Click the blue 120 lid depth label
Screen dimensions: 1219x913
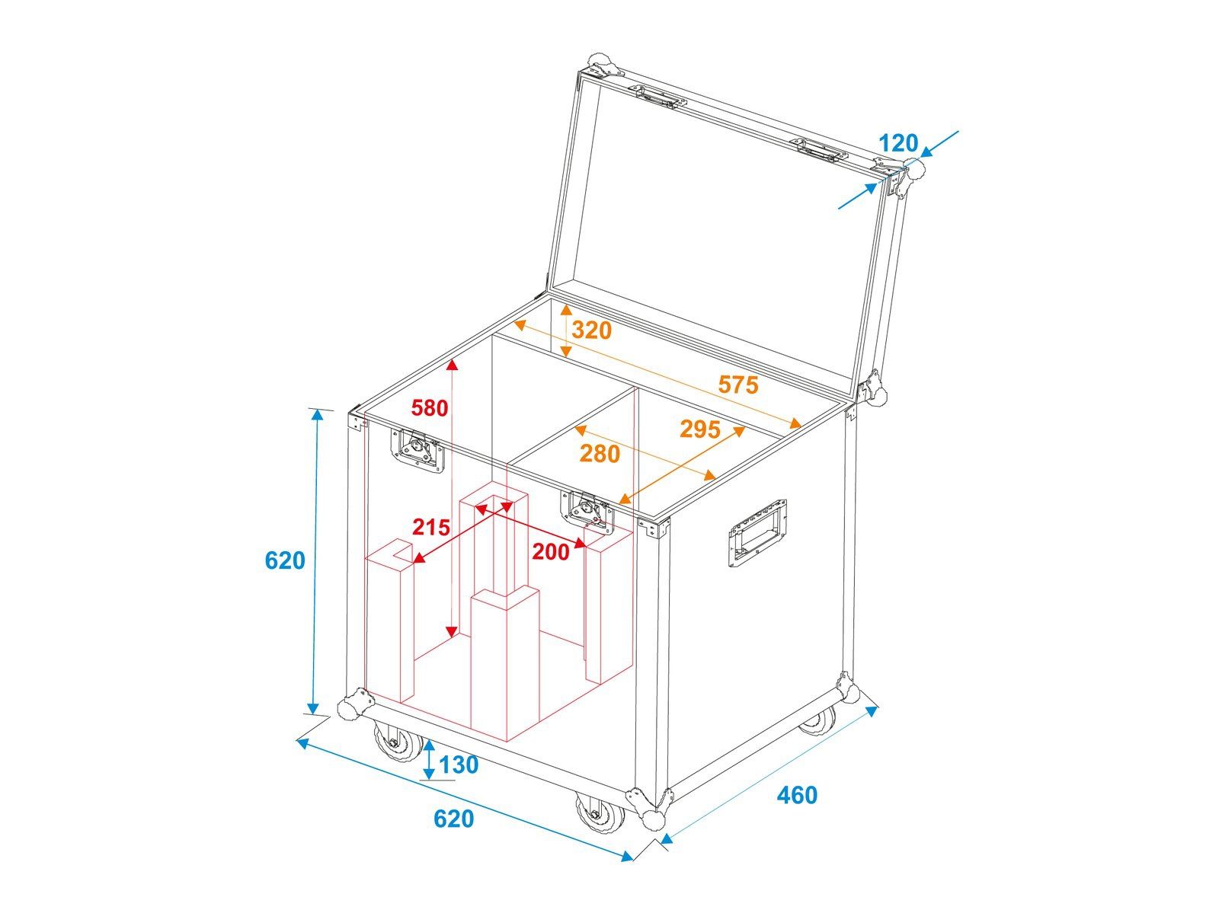pyautogui.click(x=898, y=143)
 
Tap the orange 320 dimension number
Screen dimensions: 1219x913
pyautogui.click(x=591, y=330)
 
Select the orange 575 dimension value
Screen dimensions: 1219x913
pyautogui.click(x=738, y=385)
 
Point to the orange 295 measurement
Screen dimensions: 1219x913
pyautogui.click(x=699, y=429)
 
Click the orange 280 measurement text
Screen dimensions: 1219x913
pyautogui.click(x=600, y=454)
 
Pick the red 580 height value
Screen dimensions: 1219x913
pyautogui.click(x=429, y=408)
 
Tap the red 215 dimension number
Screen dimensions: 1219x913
pyautogui.click(x=431, y=527)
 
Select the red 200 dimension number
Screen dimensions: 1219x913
pyautogui.click(x=551, y=552)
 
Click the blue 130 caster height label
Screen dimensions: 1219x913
pyautogui.click(x=459, y=765)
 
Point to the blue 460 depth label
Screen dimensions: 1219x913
pyautogui.click(x=797, y=795)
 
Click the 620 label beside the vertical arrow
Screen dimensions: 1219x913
pyautogui.click(x=285, y=560)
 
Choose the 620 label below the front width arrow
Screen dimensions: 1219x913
pyautogui.click(x=454, y=819)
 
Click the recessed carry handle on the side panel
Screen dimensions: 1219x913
pyautogui.click(x=757, y=533)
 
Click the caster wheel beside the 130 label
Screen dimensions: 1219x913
pyautogui.click(x=397, y=742)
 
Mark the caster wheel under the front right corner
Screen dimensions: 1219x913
pyautogui.click(x=600, y=814)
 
